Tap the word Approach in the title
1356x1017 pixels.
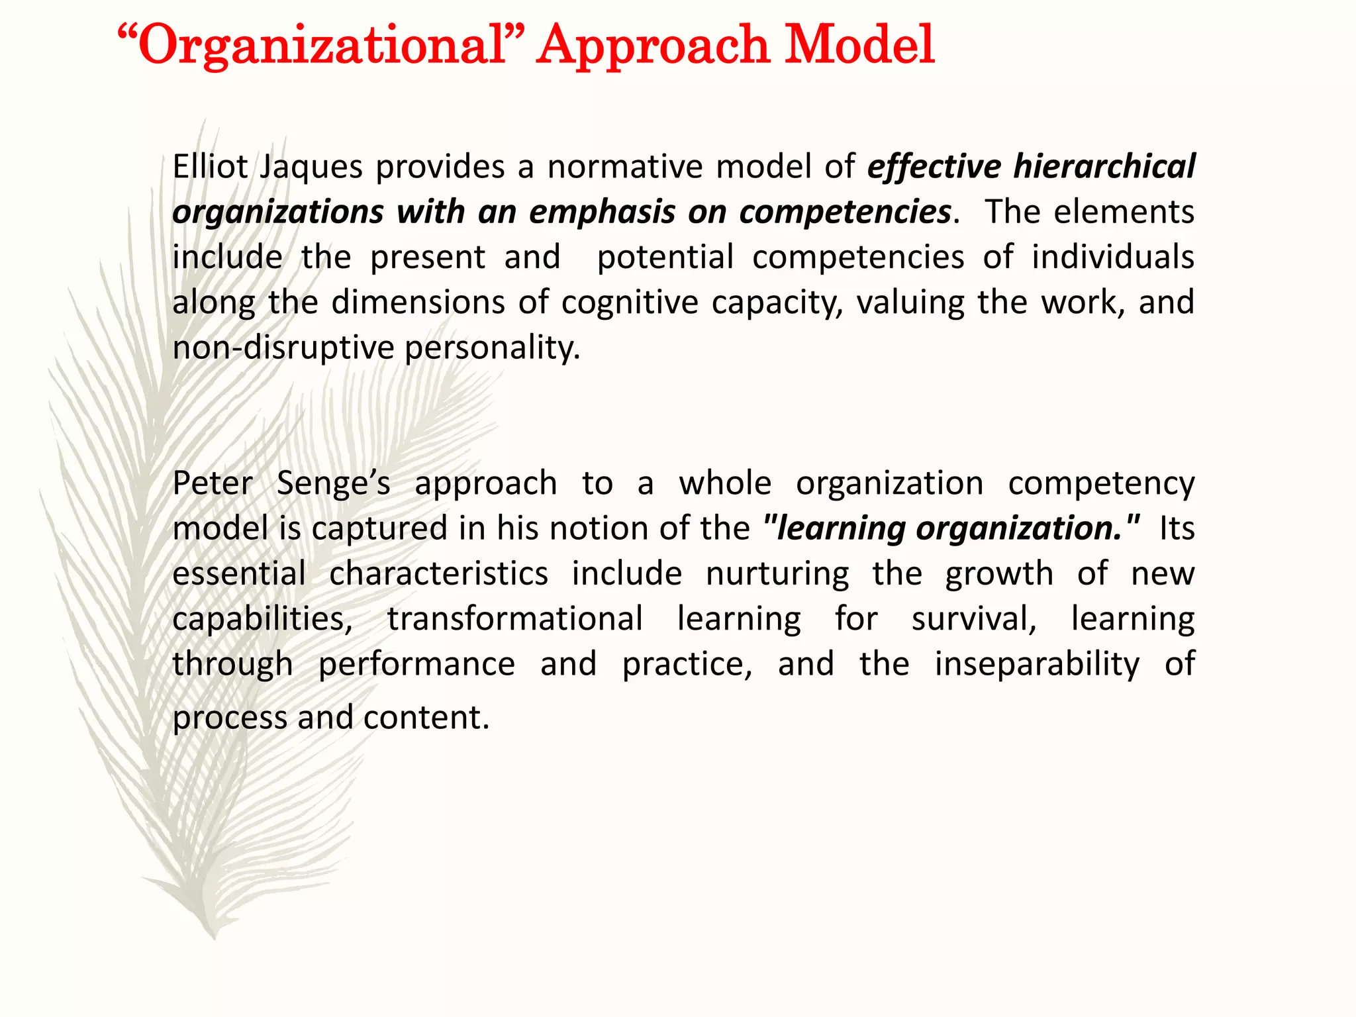click(x=652, y=45)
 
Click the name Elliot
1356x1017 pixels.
click(x=210, y=166)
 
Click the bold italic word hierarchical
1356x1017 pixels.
click(x=1104, y=166)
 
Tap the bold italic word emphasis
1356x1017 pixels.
click(x=602, y=212)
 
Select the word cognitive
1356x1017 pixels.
click(x=630, y=303)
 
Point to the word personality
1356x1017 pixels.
click(x=492, y=348)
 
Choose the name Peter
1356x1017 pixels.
click(x=212, y=483)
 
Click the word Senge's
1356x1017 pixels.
click(x=333, y=484)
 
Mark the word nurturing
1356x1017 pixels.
click(x=777, y=574)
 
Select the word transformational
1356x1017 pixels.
click(x=515, y=619)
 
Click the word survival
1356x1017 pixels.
click(x=973, y=619)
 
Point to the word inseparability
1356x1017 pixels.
click(x=1037, y=664)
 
